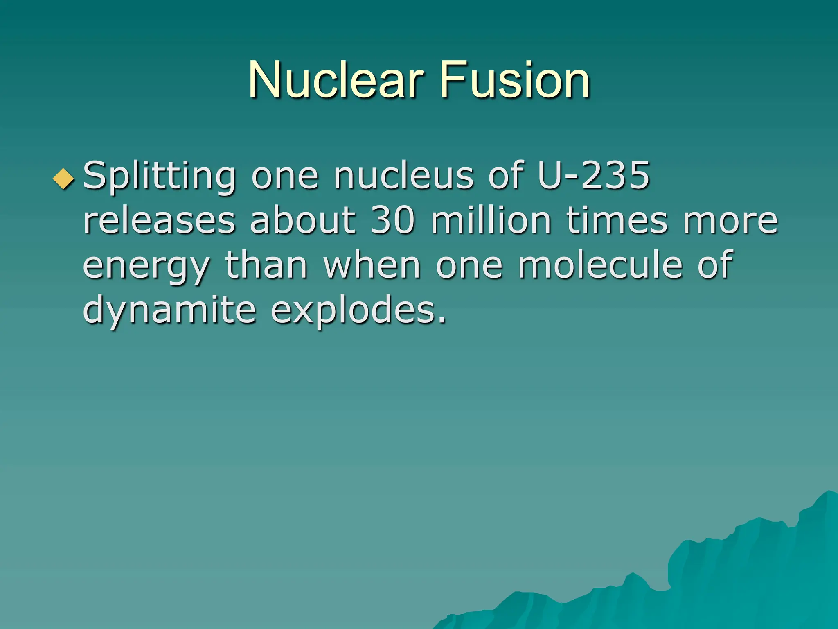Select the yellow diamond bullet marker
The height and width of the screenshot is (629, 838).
64,179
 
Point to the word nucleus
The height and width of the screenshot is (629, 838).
403,176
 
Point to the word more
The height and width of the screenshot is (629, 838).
730,221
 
